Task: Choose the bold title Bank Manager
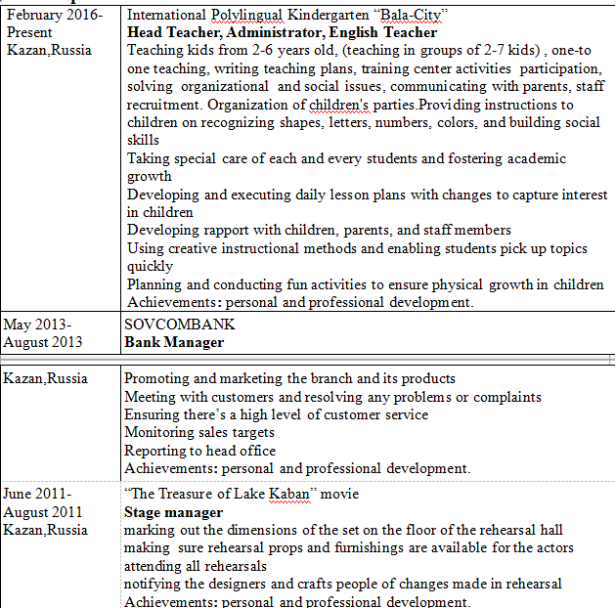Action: pos(174,342)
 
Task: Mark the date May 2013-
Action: pos(37,325)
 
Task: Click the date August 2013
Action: pos(45,342)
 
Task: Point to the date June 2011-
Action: pos(38,495)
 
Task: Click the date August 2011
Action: pos(43,512)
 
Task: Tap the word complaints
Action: pos(505,396)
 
